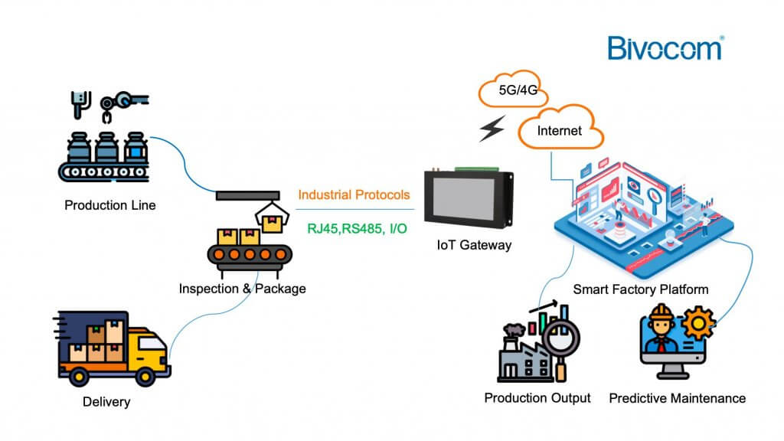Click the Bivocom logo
665,47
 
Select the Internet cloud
559,130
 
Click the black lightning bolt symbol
491,130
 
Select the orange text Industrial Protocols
354,195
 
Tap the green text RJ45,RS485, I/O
357,228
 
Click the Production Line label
109,205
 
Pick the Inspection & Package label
242,289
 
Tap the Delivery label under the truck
106,402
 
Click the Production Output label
537,398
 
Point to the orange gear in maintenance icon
697,325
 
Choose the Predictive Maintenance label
677,398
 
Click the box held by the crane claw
270,223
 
